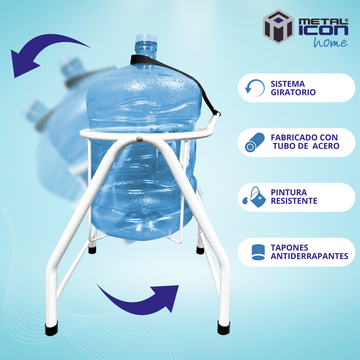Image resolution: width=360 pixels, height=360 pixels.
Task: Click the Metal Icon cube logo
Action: point(278,26)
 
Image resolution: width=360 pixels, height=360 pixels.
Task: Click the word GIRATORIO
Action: point(293,92)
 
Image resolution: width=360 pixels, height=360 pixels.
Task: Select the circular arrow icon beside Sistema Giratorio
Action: point(255,88)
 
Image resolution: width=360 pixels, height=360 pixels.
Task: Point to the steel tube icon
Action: point(254,142)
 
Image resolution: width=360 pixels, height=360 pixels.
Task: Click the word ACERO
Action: point(327,146)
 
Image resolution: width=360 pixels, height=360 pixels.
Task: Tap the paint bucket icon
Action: point(254,197)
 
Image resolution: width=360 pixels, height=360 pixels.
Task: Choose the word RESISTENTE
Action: point(294,201)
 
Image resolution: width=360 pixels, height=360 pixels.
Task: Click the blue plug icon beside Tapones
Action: point(258,252)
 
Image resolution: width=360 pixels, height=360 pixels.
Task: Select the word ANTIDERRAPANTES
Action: point(309,256)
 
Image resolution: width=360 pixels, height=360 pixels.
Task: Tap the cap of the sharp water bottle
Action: point(146,38)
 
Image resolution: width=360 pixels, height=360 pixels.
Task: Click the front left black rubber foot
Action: point(51,329)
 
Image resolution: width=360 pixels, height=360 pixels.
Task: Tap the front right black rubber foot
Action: point(224,328)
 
